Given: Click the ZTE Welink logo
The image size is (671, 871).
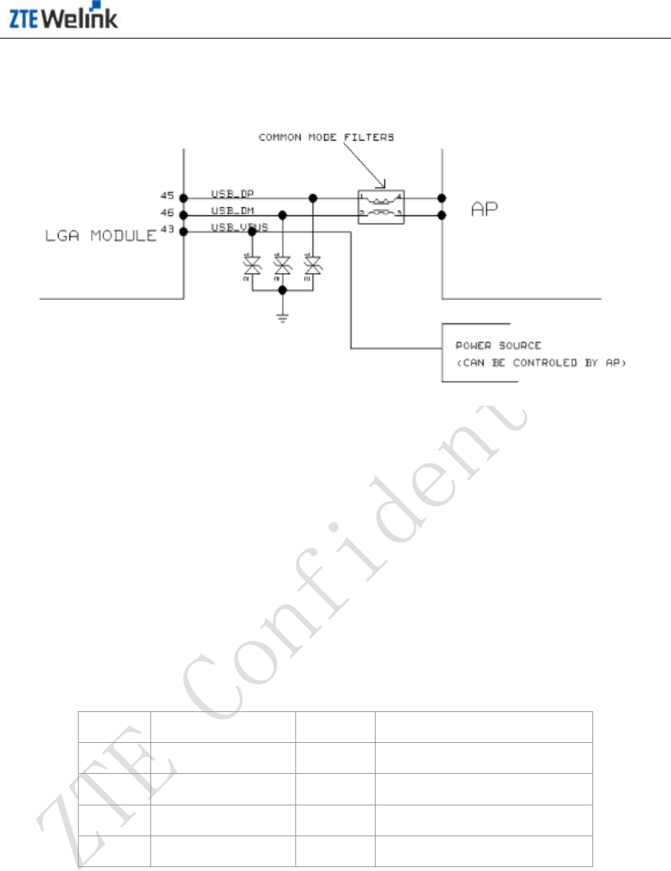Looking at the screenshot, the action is pos(63,18).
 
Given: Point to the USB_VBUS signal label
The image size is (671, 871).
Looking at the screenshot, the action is pos(238,227).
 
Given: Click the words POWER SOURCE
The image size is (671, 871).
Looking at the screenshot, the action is pos(497,346).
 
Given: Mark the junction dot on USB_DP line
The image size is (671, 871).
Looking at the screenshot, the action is pos(312,197).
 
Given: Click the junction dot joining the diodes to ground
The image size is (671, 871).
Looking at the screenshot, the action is pos(282,290).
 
